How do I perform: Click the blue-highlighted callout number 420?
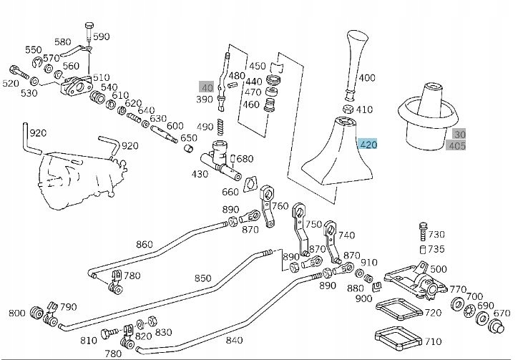point(368,145)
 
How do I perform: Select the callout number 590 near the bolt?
point(102,37)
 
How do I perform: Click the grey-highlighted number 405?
point(456,146)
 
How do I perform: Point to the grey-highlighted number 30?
point(459,134)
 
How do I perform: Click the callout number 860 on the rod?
point(144,244)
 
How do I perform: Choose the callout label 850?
point(202,278)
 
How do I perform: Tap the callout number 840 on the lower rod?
point(233,341)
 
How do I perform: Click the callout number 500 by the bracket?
point(439,269)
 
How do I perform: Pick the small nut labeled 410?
point(347,110)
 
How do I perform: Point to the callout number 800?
point(16,313)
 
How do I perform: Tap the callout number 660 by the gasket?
point(230,192)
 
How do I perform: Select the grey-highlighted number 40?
point(206,87)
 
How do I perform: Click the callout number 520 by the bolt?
point(11,84)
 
